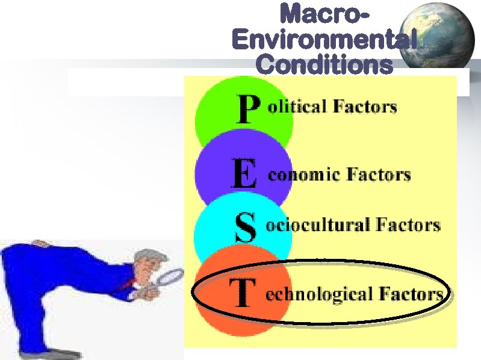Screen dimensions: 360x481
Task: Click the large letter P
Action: point(247,110)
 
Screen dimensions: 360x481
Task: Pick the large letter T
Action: point(241,293)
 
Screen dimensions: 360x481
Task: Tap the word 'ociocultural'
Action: point(318,225)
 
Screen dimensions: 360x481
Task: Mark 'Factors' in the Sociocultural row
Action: point(408,225)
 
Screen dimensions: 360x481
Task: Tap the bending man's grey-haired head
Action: point(145,262)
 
